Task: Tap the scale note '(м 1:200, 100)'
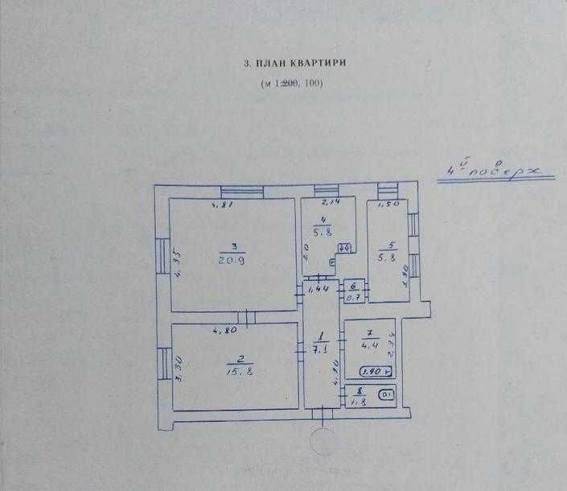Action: point(289,85)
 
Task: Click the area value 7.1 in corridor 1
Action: point(319,350)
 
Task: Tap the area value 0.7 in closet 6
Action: point(352,297)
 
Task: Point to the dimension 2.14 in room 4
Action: point(331,204)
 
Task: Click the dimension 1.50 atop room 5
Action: point(389,204)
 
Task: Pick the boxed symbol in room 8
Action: point(387,394)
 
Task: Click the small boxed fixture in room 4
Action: point(343,249)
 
